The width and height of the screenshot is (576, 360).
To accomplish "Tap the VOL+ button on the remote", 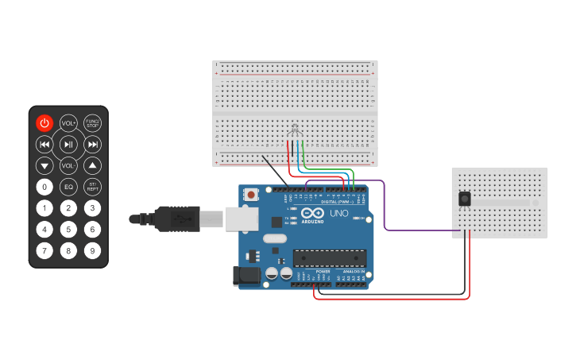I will (69, 122).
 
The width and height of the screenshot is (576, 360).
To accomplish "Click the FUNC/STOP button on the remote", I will (93, 122).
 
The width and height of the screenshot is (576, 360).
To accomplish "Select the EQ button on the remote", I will (69, 188).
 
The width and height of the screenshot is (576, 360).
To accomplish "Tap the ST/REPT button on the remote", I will (93, 188).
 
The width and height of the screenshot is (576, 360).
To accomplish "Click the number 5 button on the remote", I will (69, 230).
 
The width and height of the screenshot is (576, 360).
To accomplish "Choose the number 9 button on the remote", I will (93, 251).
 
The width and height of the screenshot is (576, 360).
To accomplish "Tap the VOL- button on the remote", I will (69, 165).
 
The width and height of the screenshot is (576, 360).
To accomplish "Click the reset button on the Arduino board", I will (252, 194).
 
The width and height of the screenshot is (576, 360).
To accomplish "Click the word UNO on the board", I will (339, 214).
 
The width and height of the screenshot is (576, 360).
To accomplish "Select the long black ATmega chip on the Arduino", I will (330, 258).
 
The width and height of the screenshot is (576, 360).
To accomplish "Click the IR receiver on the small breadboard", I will (464, 199).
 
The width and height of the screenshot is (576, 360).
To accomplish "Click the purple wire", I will (385, 207).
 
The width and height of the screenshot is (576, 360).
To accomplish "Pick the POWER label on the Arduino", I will (323, 271).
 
